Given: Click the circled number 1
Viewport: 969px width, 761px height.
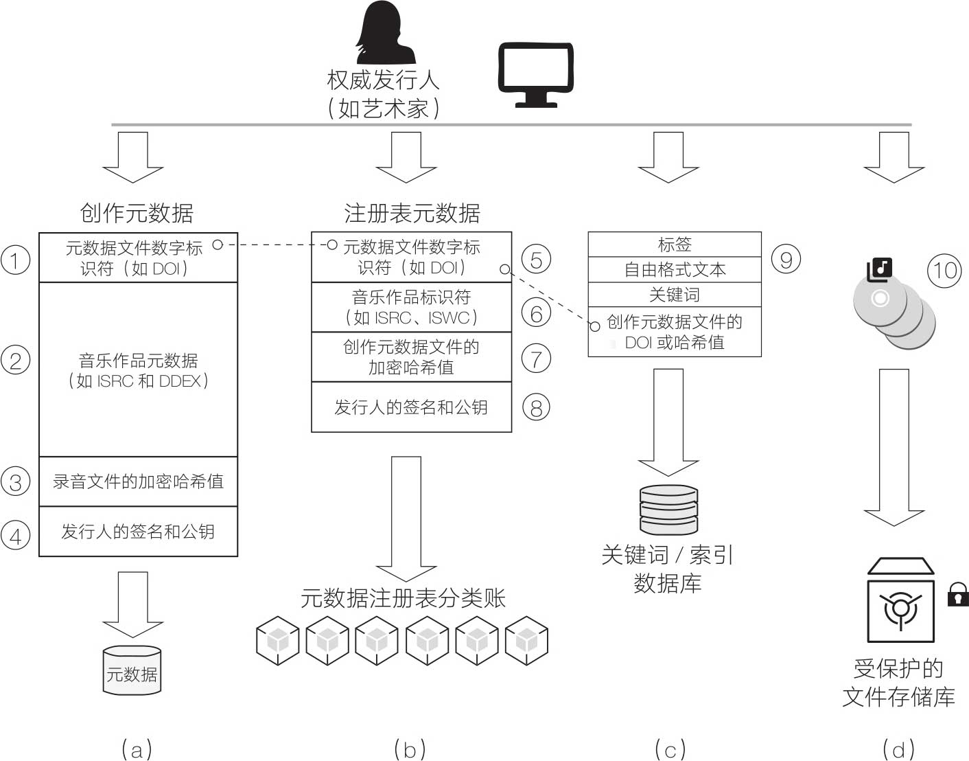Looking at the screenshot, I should point(15,260).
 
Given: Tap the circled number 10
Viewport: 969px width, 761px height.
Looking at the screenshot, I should point(944,270).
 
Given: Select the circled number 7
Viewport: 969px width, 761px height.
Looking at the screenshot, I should point(536,359).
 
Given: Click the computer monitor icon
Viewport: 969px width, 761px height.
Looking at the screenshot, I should point(535,75).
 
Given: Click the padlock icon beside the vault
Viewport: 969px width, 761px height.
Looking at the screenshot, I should point(957,594).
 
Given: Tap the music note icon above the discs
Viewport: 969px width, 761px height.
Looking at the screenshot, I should point(879,269).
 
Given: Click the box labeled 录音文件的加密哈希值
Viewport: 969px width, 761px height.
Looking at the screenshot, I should point(138,481).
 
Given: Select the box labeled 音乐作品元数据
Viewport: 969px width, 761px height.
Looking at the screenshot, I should point(138,370).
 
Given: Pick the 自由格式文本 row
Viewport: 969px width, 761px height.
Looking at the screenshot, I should point(675,269).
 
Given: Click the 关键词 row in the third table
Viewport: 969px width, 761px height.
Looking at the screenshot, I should point(675,295).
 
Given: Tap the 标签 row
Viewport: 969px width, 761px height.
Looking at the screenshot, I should point(675,245).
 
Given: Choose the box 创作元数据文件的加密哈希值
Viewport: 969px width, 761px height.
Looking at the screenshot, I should point(411,357).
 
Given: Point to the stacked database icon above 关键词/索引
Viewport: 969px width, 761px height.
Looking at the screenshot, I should point(668,510).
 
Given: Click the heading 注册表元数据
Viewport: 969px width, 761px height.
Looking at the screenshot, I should point(412,214).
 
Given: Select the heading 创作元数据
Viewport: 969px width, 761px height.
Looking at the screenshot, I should point(137,213).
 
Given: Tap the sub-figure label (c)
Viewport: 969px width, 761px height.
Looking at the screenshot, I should point(670,749).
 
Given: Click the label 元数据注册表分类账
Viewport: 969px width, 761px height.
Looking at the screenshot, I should point(403,598).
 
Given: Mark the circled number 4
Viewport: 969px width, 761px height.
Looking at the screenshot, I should point(15,535).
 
